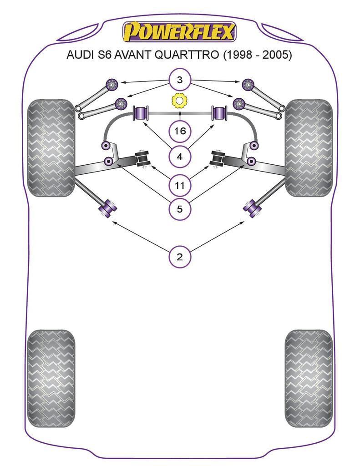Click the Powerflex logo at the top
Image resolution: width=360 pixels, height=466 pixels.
click(x=179, y=32)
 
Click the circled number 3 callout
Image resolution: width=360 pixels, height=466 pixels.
click(x=179, y=81)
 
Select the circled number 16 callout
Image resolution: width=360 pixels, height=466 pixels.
click(x=179, y=132)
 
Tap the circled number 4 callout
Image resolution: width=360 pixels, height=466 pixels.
click(x=179, y=157)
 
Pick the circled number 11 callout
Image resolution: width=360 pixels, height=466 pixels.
click(x=179, y=185)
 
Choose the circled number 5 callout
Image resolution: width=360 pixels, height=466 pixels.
click(x=179, y=209)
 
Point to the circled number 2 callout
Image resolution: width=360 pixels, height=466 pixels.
click(x=179, y=257)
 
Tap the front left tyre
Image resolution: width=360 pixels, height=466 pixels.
click(x=51, y=148)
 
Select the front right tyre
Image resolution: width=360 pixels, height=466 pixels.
click(x=309, y=148)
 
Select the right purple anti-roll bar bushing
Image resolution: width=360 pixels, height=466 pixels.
click(x=219, y=113)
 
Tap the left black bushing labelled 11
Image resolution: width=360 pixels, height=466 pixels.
click(x=143, y=158)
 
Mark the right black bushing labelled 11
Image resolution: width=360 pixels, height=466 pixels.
click(x=217, y=158)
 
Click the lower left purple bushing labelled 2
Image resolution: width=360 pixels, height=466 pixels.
click(x=108, y=208)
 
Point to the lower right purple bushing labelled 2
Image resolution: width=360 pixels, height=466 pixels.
click(x=252, y=208)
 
